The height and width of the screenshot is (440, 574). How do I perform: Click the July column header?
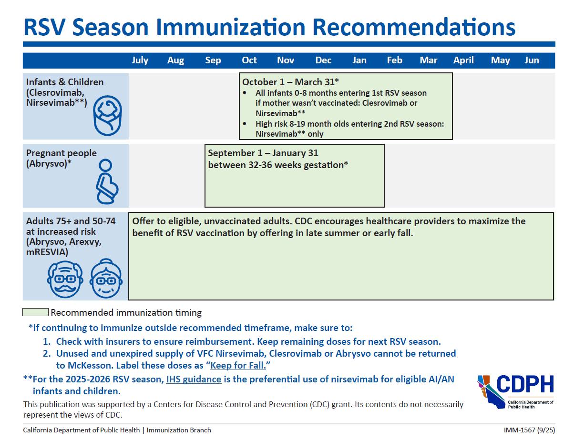pyautogui.click(x=140, y=60)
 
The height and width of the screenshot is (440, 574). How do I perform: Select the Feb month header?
pyautogui.click(x=394, y=60)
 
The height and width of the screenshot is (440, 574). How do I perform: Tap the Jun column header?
pyautogui.click(x=532, y=60)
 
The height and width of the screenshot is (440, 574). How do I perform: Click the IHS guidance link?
pyautogui.click(x=194, y=380)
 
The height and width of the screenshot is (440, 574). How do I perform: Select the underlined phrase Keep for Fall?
pyautogui.click(x=238, y=366)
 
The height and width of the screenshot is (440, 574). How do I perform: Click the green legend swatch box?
pyautogui.click(x=35, y=312)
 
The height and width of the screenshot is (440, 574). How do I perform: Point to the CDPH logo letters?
pyautogui.click(x=525, y=384)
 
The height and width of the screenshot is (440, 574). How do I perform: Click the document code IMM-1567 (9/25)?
pyautogui.click(x=529, y=430)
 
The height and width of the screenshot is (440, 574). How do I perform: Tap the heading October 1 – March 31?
pyautogui.click(x=290, y=82)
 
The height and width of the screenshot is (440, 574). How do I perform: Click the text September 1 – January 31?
pyautogui.click(x=263, y=153)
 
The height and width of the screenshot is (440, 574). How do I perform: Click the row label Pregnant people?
pyautogui.click(x=61, y=153)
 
